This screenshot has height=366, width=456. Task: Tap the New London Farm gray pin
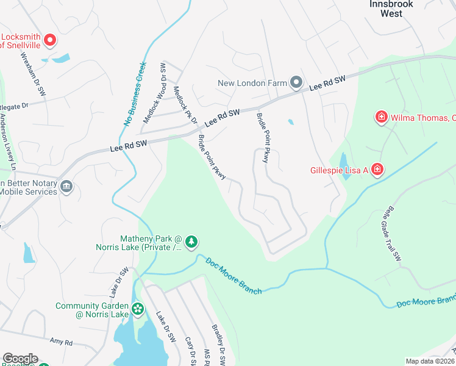296,82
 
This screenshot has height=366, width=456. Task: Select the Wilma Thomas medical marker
382,116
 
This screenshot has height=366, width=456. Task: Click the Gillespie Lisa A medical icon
377,169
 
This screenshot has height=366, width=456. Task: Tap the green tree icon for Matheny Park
191,242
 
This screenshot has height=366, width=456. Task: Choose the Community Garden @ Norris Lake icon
138,309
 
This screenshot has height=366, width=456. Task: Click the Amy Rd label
61,342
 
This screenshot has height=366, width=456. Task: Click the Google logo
20,359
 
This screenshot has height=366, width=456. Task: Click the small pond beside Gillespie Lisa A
343,162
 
